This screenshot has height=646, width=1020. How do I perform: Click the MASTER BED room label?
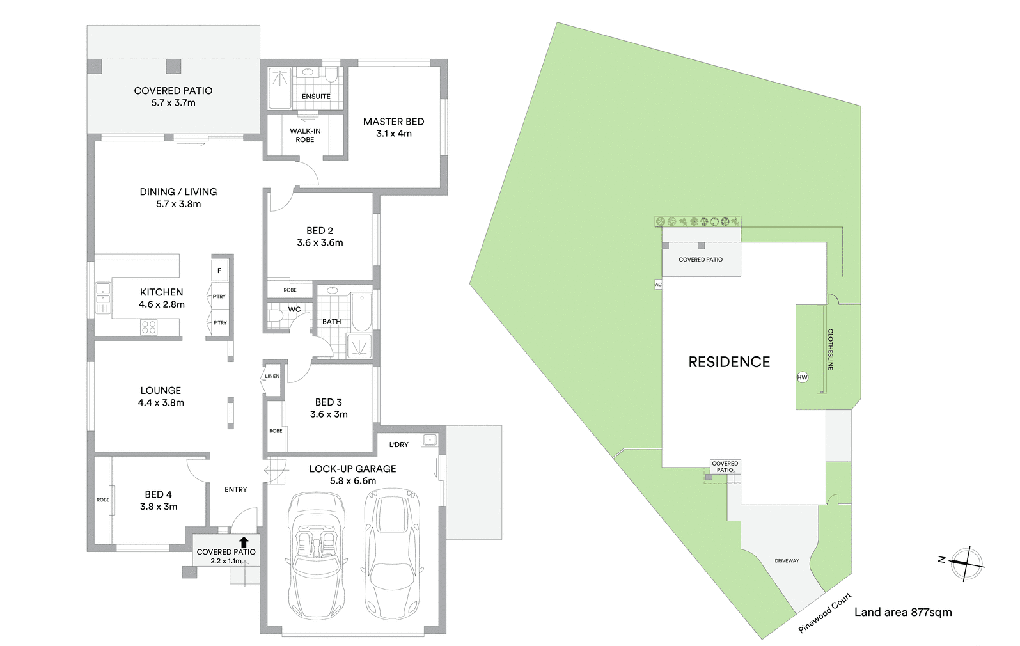393,122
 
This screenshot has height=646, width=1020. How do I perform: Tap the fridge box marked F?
219,271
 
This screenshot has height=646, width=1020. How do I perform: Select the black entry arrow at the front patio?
244,542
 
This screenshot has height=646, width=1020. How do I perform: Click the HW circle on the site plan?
803,377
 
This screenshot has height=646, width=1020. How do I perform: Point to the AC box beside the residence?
658,285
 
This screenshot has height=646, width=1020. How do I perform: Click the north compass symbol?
966,564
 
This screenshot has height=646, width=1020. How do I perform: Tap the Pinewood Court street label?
825,613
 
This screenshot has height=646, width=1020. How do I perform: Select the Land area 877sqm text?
903,612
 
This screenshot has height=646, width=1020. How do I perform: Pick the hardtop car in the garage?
393,555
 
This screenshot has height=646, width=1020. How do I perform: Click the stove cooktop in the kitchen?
149,327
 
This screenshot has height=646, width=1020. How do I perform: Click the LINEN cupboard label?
272,376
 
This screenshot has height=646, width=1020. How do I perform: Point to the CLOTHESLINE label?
830,349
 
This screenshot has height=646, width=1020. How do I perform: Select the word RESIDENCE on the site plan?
729,362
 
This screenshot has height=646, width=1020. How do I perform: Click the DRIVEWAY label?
787,561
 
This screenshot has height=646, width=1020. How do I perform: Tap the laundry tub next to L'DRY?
429,440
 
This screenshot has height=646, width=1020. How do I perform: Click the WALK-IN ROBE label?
305,136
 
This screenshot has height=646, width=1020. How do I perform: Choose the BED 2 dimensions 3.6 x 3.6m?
320,243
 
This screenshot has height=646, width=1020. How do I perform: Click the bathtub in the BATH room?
362,312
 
